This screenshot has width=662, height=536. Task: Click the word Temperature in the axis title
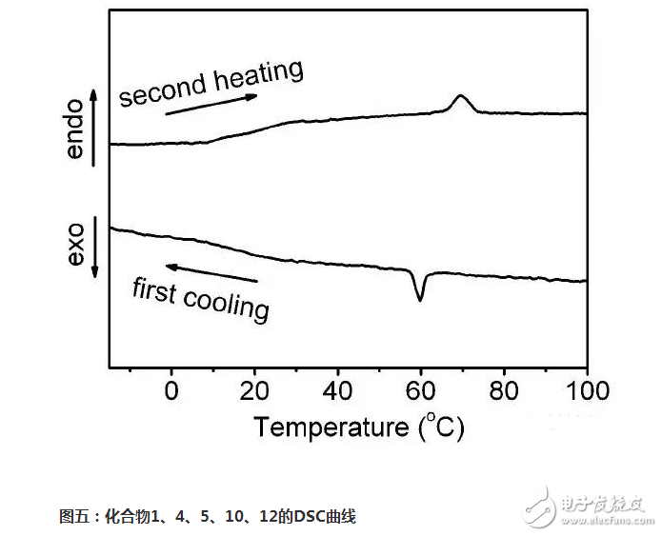coord(329,427)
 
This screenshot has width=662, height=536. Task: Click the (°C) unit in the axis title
coord(441,427)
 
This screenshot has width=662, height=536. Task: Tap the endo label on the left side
coord(77,129)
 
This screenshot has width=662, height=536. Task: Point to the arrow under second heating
coord(211,104)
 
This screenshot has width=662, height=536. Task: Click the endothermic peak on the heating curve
coord(461,98)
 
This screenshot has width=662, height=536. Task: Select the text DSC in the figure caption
coord(307,517)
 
